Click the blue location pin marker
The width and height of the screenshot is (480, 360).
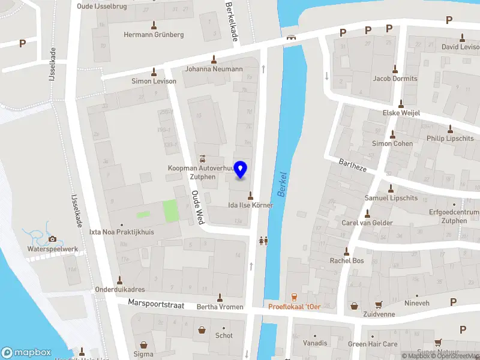pos(241,170)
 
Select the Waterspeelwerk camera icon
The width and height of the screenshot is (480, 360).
pos(52,239)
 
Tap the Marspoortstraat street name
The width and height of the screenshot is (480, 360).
pos(156,305)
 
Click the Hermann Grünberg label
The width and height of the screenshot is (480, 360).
pos(154,35)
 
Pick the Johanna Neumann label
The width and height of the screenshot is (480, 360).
pos(213,68)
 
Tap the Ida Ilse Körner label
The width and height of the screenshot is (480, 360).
pos(250,205)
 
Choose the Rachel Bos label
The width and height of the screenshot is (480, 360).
pos(347,260)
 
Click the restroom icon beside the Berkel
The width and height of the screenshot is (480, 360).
pos(263,241)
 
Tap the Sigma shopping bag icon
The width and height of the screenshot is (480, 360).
pos(143,345)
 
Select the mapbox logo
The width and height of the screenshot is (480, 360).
pos(26,353)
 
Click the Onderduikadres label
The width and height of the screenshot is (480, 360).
pos(119,289)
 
